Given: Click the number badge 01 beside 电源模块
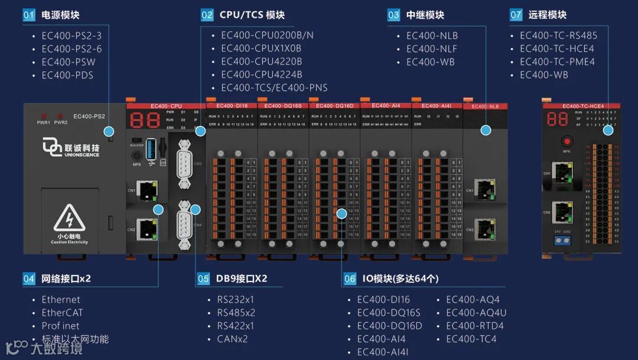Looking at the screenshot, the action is pyautogui.click(x=29, y=15).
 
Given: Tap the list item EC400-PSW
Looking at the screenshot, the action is pyautogui.click(x=68, y=62).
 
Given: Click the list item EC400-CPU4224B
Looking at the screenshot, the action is pyautogui.click(x=261, y=74).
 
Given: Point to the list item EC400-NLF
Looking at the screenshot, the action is pyautogui.click(x=431, y=48).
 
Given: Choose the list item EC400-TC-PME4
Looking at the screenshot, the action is pyautogui.click(x=557, y=61).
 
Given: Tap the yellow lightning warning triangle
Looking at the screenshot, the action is pyautogui.click(x=69, y=218).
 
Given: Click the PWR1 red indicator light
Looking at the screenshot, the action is pyautogui.click(x=43, y=115).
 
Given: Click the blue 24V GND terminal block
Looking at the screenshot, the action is pyautogui.click(x=563, y=240).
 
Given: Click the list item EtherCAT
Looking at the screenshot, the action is pyautogui.click(x=62, y=313).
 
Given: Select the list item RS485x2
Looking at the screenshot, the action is pyautogui.click(x=236, y=313).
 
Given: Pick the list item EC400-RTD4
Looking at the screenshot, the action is pyautogui.click(x=474, y=326).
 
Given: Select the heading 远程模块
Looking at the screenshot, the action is pyautogui.click(x=547, y=15).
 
